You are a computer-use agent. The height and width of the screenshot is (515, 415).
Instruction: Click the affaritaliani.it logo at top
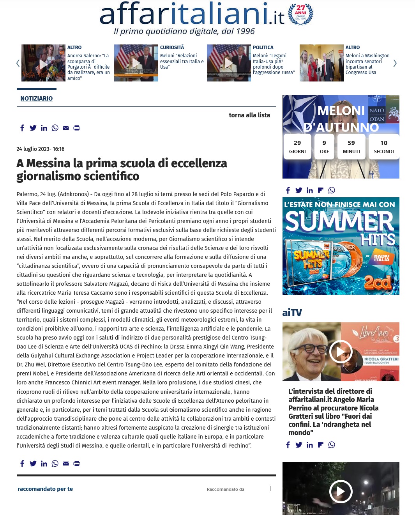click(192, 14)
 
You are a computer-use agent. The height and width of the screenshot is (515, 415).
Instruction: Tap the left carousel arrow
click(18, 63)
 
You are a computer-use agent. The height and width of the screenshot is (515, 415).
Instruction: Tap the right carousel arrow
click(395, 63)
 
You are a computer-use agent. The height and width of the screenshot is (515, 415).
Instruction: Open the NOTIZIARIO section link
click(37, 99)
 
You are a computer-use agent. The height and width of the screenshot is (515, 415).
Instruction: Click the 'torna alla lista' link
click(249, 115)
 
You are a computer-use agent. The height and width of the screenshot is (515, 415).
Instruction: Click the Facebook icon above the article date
click(22, 128)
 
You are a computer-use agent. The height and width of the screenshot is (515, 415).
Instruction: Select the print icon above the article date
click(77, 128)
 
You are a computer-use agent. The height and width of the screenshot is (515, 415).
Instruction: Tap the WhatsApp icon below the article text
click(55, 464)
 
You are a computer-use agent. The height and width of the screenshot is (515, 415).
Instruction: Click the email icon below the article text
click(66, 464)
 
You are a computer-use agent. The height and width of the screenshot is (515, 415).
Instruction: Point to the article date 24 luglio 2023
click(41, 149)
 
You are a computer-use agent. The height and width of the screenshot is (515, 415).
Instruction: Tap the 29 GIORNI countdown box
click(297, 147)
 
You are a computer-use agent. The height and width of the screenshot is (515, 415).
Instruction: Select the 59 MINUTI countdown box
click(351, 147)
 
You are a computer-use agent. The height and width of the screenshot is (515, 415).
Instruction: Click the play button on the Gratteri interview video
click(341, 352)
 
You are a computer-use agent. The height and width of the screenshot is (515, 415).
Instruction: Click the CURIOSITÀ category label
click(172, 48)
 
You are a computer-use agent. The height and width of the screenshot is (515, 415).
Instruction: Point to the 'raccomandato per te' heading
click(45, 489)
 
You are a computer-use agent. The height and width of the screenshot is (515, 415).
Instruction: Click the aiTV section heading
click(292, 313)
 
